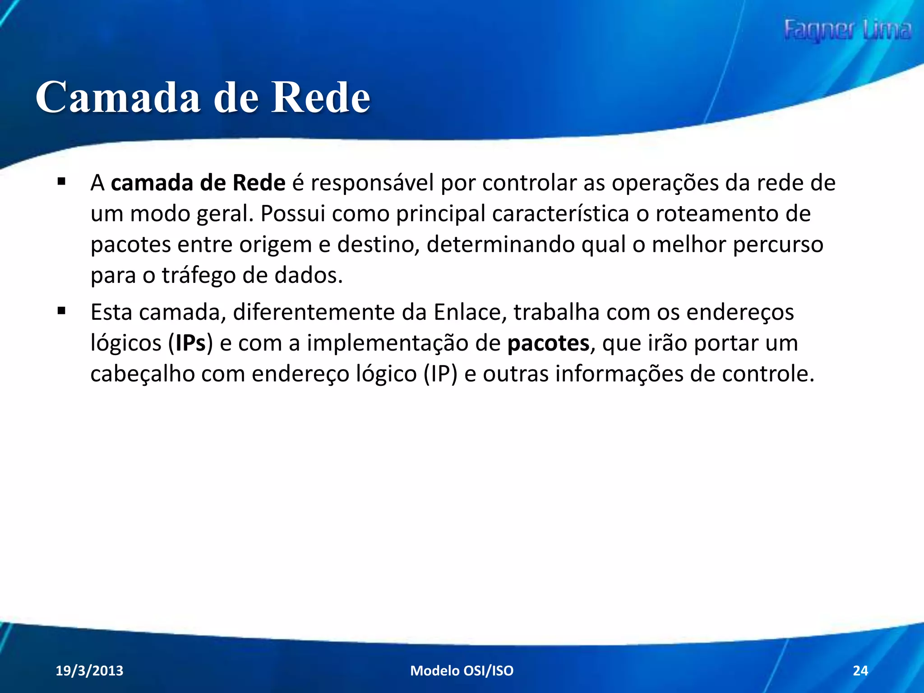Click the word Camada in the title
[x=118, y=97]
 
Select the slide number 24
[x=860, y=670]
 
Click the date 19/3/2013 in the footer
[x=89, y=670]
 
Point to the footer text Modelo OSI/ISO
[x=462, y=670]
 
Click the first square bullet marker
[x=62, y=182]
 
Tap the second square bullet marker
[x=62, y=311]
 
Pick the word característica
[x=560, y=214]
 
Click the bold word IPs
[x=190, y=343]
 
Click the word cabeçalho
[x=142, y=374]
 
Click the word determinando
[x=500, y=245]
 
